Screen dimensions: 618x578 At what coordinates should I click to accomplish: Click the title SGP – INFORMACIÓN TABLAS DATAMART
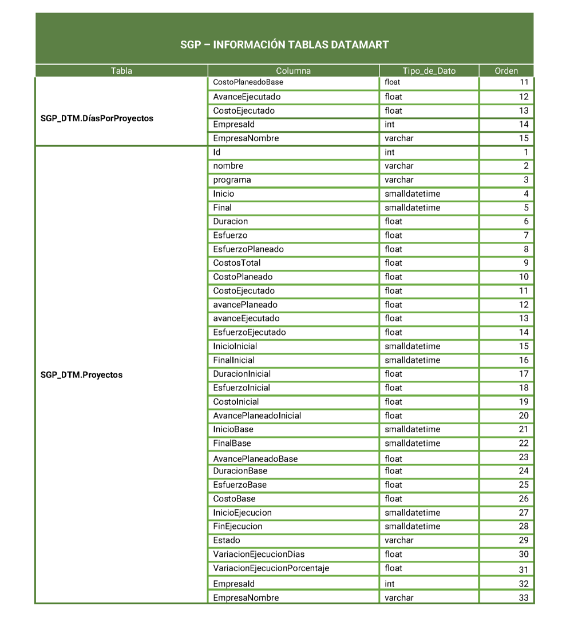284,45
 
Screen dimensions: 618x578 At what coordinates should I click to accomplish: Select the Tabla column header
121,71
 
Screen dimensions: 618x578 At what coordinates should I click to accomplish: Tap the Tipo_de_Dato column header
429,71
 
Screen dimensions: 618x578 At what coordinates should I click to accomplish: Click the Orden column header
506,71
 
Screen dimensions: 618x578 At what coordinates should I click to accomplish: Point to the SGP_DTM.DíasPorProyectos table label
97,118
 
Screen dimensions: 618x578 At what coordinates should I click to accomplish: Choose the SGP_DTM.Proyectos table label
81,375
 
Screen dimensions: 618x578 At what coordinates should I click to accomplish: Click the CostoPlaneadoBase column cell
248,82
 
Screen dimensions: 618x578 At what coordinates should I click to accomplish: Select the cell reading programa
232,180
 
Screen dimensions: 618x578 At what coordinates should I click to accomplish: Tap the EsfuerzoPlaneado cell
248,249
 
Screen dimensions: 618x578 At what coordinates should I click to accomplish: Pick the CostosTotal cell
236,263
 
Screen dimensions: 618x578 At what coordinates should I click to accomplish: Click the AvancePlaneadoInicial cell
257,416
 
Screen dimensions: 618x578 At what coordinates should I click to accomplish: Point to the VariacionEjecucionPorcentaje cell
271,568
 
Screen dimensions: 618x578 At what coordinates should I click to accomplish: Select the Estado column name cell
227,540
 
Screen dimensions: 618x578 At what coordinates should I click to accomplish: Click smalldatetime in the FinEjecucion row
412,527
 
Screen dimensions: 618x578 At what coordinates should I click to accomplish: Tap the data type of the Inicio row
412,194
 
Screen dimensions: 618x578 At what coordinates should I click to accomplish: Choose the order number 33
524,598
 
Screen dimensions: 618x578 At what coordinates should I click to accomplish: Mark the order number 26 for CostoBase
524,499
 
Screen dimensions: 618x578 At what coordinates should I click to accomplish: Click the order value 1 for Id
526,153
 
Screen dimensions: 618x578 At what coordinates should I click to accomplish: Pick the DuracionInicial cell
242,374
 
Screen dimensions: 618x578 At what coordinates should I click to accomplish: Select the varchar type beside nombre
399,166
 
